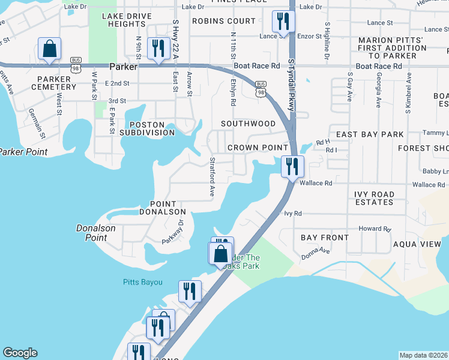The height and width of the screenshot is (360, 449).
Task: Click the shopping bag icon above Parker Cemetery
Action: point(49,48)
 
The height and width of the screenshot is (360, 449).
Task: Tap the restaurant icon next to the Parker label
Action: point(158,48)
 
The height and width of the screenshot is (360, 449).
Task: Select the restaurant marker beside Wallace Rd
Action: point(292,167)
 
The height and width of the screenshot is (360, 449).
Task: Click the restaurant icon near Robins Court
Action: point(281,22)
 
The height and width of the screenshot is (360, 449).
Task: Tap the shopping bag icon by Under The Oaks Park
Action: point(220,253)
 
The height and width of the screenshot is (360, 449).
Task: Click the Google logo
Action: point(20,353)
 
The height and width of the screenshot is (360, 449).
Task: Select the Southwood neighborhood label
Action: point(248,124)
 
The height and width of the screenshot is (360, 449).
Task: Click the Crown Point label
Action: point(258,148)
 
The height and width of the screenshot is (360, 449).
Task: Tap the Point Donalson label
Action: point(163,208)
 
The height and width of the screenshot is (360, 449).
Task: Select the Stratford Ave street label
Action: point(212,177)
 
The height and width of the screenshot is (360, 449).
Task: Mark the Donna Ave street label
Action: point(316,252)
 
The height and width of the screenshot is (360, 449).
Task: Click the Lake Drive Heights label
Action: point(125,19)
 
